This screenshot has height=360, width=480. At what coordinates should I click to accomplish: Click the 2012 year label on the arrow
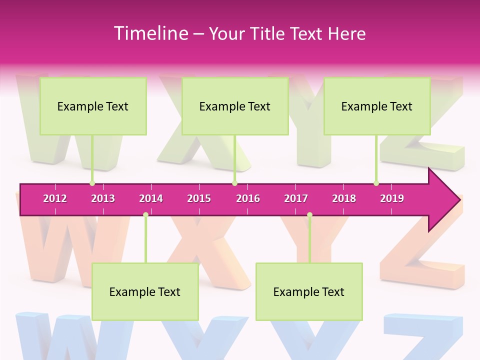pyautogui.click(x=55, y=198)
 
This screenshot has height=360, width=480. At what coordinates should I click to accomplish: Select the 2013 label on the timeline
pyautogui.click(x=103, y=198)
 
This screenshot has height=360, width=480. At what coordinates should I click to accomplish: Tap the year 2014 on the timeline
pyautogui.click(x=151, y=198)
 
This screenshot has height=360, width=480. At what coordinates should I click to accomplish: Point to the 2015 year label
pyautogui.click(x=199, y=198)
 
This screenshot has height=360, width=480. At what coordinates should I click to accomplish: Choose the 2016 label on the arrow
pyautogui.click(x=248, y=198)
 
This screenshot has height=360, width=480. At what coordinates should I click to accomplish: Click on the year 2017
pyautogui.click(x=296, y=198)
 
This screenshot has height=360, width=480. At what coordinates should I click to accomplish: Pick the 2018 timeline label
pyautogui.click(x=344, y=198)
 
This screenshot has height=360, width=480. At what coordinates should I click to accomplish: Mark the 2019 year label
pyautogui.click(x=392, y=198)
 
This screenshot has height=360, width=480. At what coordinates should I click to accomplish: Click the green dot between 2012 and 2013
pyautogui.click(x=92, y=183)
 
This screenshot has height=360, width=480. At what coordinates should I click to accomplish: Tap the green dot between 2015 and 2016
pyautogui.click(x=234, y=183)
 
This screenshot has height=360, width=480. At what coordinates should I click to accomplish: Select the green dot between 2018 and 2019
pyautogui.click(x=376, y=183)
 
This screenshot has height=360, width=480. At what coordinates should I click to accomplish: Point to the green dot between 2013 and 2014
pyautogui.click(x=145, y=215)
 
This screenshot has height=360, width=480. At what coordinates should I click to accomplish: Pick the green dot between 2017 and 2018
pyautogui.click(x=309, y=215)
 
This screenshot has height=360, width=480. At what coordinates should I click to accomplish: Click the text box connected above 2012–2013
pyautogui.click(x=93, y=106)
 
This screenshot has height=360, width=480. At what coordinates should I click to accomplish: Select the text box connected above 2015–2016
pyautogui.click(x=235, y=106)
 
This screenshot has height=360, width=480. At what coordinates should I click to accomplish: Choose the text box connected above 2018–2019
pyautogui.click(x=377, y=106)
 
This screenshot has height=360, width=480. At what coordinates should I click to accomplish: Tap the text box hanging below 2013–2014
pyautogui.click(x=145, y=291)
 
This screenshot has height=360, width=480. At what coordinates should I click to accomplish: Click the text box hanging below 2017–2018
pyautogui.click(x=309, y=291)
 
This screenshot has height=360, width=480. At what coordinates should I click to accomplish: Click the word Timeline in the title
pyautogui.click(x=150, y=33)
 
